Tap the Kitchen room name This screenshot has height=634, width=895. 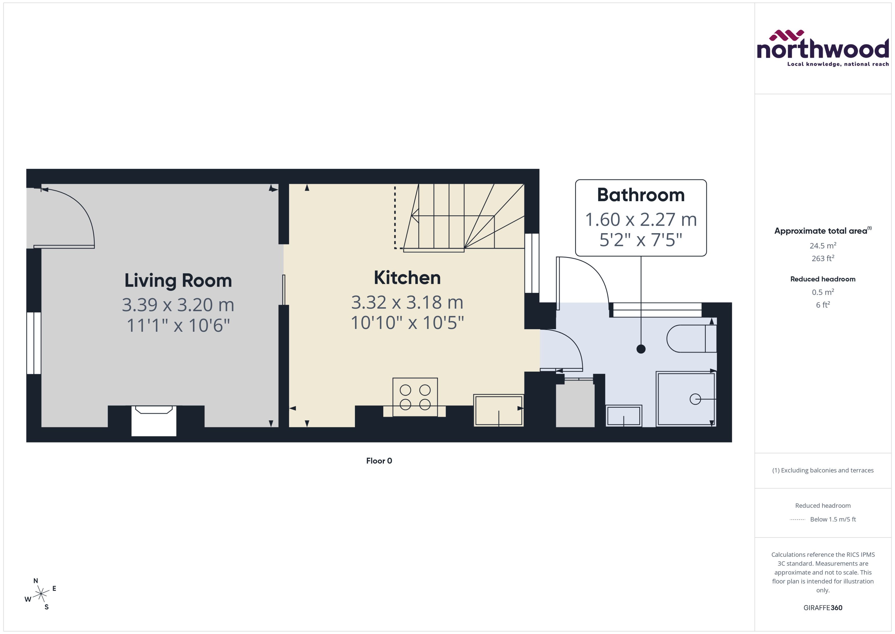pyautogui.click(x=407, y=278)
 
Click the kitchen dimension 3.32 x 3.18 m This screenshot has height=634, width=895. pyautogui.click(x=407, y=302)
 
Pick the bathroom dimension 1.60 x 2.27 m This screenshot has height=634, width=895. pyautogui.click(x=641, y=219)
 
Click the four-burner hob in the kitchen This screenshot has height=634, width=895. pyautogui.click(x=415, y=397)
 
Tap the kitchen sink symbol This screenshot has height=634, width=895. pyautogui.click(x=498, y=410)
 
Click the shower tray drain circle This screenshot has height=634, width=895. pyautogui.click(x=695, y=399)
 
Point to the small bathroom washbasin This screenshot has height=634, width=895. pyautogui.click(x=624, y=416)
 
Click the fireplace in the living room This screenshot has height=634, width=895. pyautogui.click(x=154, y=421)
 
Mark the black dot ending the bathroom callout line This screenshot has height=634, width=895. pyautogui.click(x=641, y=349)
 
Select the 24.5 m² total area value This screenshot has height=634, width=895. pyautogui.click(x=822, y=245)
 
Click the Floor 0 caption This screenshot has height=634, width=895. pyautogui.click(x=379, y=461)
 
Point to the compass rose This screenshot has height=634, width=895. pyautogui.click(x=41, y=594)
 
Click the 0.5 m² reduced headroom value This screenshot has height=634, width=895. pyautogui.click(x=822, y=292)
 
